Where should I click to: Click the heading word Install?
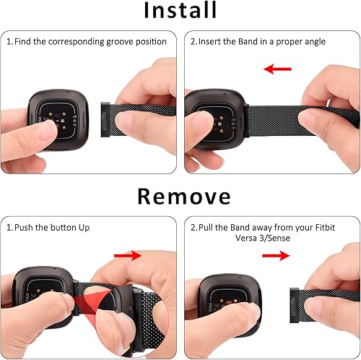pyautogui.click(x=180, y=12)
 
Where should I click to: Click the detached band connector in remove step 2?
pyautogui.click(x=294, y=298)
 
